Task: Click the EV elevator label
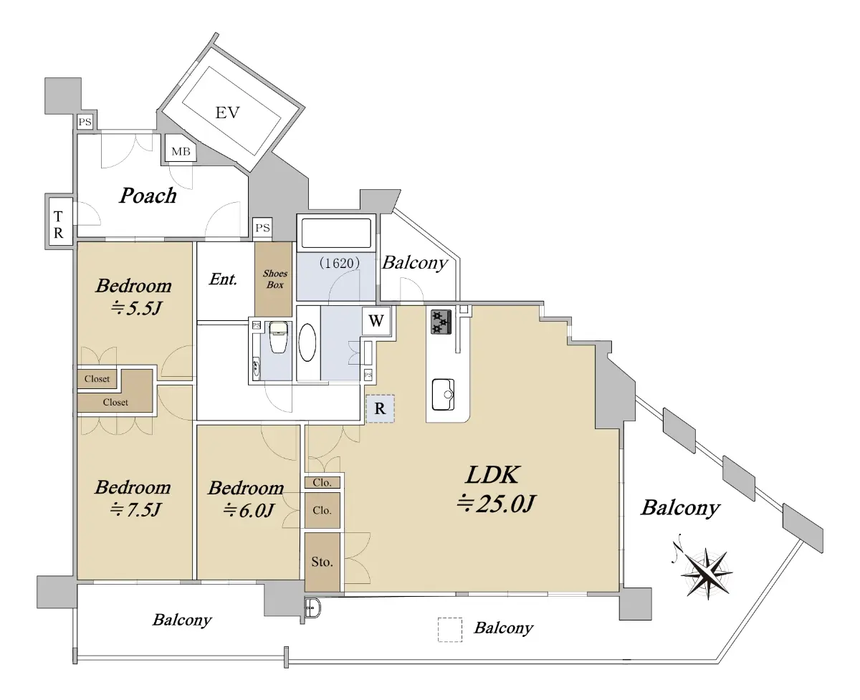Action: (227, 112)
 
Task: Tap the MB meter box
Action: (181, 150)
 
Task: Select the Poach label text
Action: (148, 196)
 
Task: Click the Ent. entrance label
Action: (223, 279)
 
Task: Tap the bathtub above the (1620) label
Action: (336, 233)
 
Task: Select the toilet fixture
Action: (278, 337)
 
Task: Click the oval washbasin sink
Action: (307, 342)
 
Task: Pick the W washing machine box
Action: (376, 321)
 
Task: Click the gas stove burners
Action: (441, 322)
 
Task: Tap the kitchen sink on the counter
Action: (444, 394)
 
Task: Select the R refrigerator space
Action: (380, 408)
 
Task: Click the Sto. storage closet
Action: (322, 562)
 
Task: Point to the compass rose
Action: (706, 572)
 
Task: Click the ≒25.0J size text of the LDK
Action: (496, 504)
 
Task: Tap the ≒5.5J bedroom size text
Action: (136, 308)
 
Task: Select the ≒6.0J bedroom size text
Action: (249, 510)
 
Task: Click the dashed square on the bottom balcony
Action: (450, 630)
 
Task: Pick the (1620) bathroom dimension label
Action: (339, 263)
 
